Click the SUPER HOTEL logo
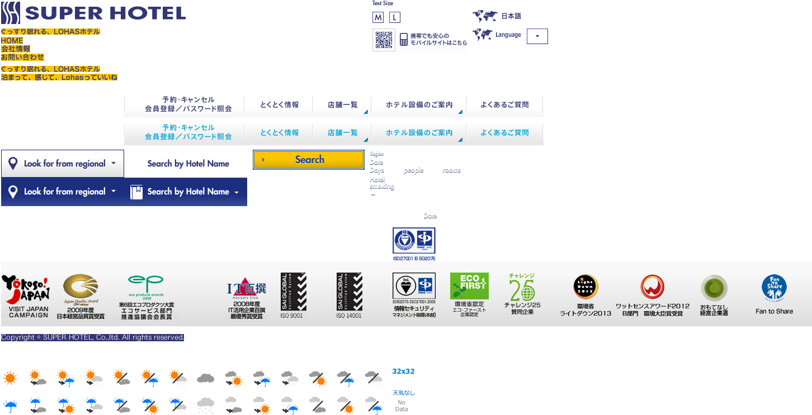coord(93,13)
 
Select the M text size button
coord(377,17)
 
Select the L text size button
coord(395,17)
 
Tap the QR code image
coord(384,40)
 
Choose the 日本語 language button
coord(497,16)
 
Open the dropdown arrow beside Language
coord(537,36)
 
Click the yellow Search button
coord(309,160)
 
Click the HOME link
coord(12,40)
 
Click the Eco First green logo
coord(469,286)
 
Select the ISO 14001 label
coord(349,316)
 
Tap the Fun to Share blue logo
coord(774,287)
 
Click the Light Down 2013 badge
coord(586,287)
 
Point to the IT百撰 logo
coord(247,289)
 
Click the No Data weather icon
coord(401,406)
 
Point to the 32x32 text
coord(403,371)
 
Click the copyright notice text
coord(92,337)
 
